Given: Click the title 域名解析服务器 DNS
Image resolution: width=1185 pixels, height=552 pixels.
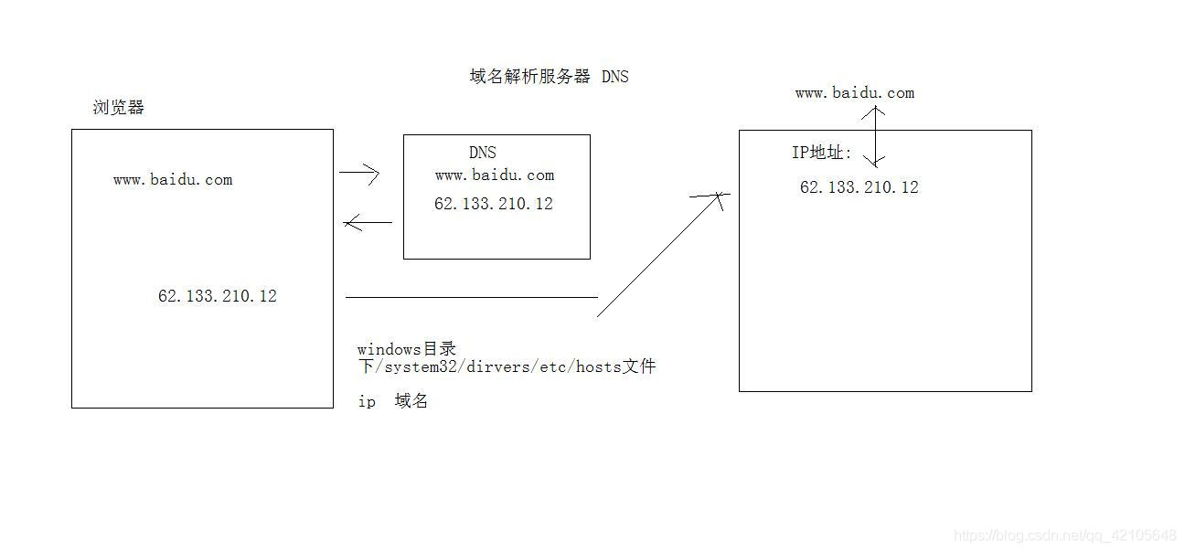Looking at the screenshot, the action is [x=549, y=77].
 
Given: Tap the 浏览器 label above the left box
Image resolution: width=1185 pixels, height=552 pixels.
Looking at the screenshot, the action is [x=119, y=108].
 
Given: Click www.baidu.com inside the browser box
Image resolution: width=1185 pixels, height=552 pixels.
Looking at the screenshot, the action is [x=173, y=180].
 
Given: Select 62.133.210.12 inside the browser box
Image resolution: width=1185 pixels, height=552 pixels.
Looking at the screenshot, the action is [x=218, y=296].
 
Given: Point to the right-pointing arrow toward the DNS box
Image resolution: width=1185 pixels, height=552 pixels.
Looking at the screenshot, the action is [x=359, y=172].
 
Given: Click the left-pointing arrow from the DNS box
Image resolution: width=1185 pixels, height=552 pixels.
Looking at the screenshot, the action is [x=368, y=222].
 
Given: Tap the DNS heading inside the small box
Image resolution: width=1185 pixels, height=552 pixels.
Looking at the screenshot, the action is [x=483, y=153].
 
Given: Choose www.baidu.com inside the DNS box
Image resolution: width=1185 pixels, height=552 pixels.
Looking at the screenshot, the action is [x=495, y=175].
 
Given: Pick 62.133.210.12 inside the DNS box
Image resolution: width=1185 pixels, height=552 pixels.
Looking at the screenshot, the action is [x=494, y=204].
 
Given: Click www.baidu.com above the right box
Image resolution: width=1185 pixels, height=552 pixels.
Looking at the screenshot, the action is [x=855, y=93].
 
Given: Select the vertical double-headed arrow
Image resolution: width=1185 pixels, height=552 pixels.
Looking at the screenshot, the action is [x=876, y=136].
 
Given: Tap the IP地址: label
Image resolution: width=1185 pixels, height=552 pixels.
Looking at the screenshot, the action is [x=822, y=153].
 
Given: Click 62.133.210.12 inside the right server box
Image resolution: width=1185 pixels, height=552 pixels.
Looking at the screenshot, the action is [x=859, y=187].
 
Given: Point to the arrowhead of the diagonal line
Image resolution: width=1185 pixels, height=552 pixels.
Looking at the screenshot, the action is [x=719, y=196].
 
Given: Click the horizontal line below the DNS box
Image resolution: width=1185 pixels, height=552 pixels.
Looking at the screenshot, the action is [x=472, y=297].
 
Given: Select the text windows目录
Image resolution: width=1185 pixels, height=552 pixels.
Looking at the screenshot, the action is [x=406, y=349].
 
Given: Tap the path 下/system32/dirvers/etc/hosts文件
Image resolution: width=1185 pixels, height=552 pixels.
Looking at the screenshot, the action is [x=507, y=366].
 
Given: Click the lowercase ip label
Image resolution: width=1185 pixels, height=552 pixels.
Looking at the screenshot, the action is [x=367, y=402].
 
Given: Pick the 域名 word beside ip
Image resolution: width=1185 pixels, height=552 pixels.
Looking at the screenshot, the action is [x=411, y=401].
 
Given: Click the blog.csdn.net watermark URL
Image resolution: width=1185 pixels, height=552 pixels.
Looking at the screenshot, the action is [x=1065, y=535].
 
